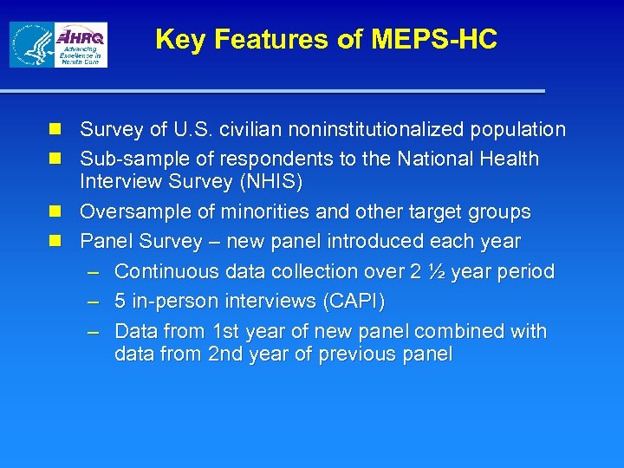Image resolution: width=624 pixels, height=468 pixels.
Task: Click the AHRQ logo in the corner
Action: pyautogui.click(x=81, y=44)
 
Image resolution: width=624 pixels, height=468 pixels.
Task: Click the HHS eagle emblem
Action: pyautogui.click(x=30, y=45)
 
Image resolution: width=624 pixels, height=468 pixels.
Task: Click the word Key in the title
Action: pyautogui.click(x=179, y=39)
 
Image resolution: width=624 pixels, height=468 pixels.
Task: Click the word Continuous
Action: pyautogui.click(x=166, y=271)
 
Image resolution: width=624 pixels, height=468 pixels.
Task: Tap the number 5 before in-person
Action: pyautogui.click(x=120, y=302)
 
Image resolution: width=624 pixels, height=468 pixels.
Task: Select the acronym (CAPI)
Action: pyautogui.click(x=353, y=302)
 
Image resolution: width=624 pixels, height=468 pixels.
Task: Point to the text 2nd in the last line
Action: pyautogui.click(x=226, y=354)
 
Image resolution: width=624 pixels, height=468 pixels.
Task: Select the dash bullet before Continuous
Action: pyautogui.click(x=95, y=272)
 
